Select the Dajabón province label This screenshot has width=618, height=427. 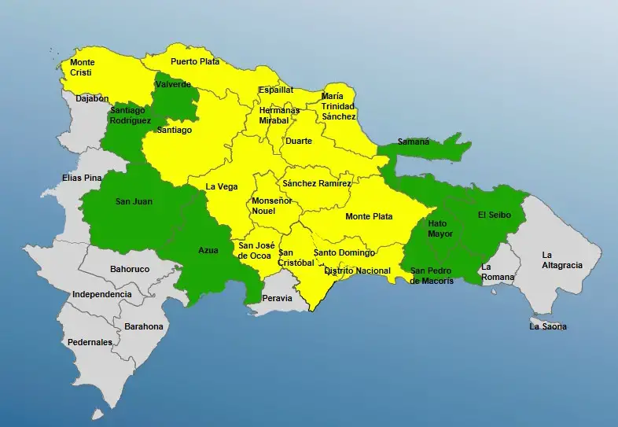[92, 99]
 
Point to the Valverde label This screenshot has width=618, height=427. [173, 84]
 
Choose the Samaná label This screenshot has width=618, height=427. [414, 142]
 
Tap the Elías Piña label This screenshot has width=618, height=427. [82, 178]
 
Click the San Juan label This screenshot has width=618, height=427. [134, 202]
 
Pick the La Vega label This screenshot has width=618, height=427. [221, 186]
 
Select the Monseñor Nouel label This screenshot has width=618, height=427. [271, 206]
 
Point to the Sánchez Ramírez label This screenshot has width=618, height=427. [318, 183]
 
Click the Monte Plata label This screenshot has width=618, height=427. [369, 216]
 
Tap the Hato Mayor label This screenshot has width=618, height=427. [441, 228]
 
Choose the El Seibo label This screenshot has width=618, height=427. [495, 215]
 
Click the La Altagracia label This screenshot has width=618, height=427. [562, 260]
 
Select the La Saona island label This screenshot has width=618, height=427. [548, 326]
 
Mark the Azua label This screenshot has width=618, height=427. [208, 250]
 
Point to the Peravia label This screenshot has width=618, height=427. [277, 299]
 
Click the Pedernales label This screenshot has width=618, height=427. [90, 343]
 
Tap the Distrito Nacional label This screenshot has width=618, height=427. [357, 271]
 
